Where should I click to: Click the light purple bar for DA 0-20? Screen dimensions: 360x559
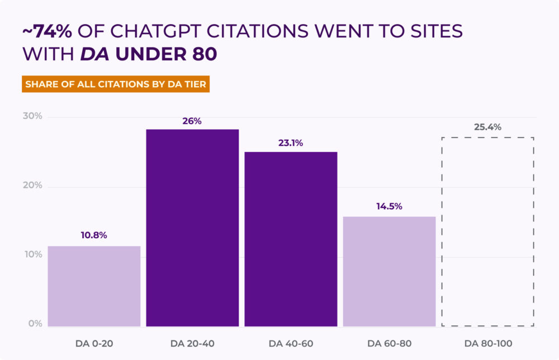[x=93, y=286]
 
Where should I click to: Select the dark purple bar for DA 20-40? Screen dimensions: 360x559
[x=192, y=228]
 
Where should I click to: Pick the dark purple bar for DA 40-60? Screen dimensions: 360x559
[x=291, y=239]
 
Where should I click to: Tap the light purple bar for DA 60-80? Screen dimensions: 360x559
[x=389, y=272]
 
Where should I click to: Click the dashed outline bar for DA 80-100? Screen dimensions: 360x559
[x=487, y=231]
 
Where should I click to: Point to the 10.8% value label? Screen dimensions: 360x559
[x=93, y=235]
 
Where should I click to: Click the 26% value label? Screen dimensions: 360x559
[x=192, y=120]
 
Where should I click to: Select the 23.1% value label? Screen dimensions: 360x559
[x=291, y=143]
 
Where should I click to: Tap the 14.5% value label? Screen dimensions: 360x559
[x=389, y=206]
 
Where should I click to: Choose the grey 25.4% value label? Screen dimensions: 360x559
[x=487, y=127]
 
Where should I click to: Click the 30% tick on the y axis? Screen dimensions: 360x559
[x=32, y=116]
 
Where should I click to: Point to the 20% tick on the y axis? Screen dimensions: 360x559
[x=32, y=186]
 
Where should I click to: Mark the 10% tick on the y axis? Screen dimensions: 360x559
[x=32, y=255]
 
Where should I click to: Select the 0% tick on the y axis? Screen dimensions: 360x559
[x=35, y=324]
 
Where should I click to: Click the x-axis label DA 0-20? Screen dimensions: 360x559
[x=94, y=343]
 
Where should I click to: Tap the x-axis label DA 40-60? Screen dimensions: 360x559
[x=291, y=343]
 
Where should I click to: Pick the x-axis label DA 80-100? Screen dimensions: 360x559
[x=488, y=343]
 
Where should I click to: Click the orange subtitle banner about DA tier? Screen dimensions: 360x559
[x=116, y=84]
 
